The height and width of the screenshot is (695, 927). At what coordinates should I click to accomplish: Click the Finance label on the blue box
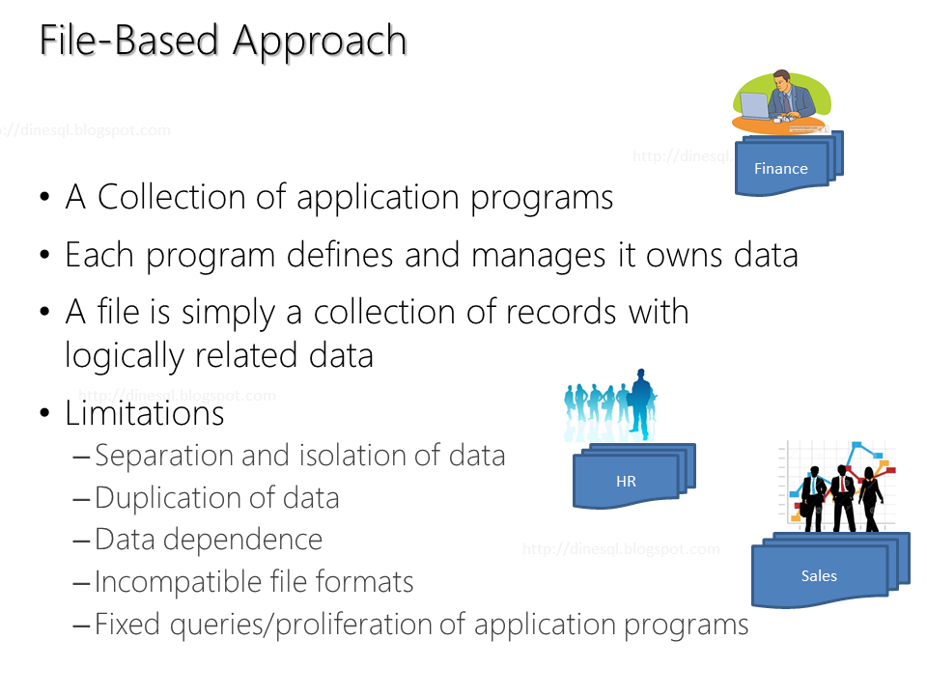coord(780,168)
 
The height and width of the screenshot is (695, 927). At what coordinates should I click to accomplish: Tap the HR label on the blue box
coord(626,481)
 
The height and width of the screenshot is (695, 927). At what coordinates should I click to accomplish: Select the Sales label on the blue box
coord(819,576)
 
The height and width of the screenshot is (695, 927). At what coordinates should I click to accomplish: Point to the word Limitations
coord(145,413)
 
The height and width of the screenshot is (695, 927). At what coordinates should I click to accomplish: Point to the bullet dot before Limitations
coord(45,414)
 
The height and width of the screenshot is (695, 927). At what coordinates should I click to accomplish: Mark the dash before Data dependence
coord(82,541)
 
